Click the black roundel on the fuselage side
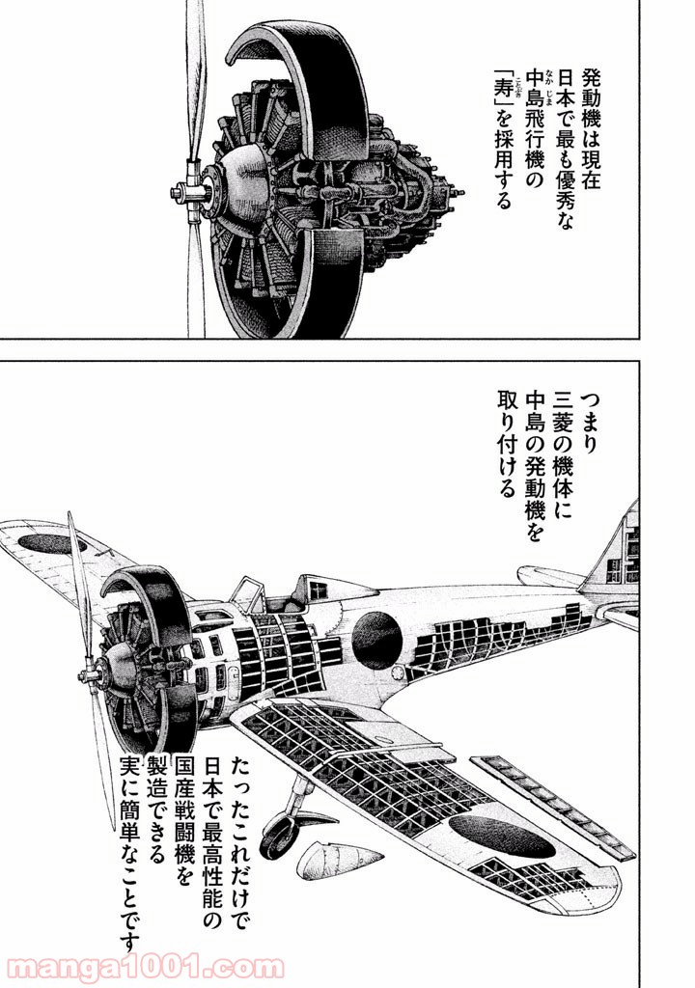pos(377,638)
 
